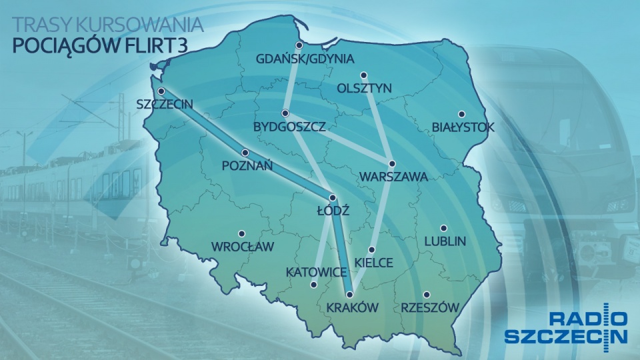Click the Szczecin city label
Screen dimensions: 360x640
(165, 104)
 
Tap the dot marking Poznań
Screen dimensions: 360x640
(245, 152)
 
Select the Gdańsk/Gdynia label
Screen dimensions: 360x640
(305, 59)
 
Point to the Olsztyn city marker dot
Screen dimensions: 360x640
(364, 75)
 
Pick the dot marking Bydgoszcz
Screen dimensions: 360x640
(285, 112)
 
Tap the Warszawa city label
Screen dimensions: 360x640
(393, 177)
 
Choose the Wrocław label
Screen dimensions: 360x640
(243, 247)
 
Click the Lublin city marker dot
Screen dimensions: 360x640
(443, 227)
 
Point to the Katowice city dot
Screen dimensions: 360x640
(313, 285)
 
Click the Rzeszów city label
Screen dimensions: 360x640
(430, 307)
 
